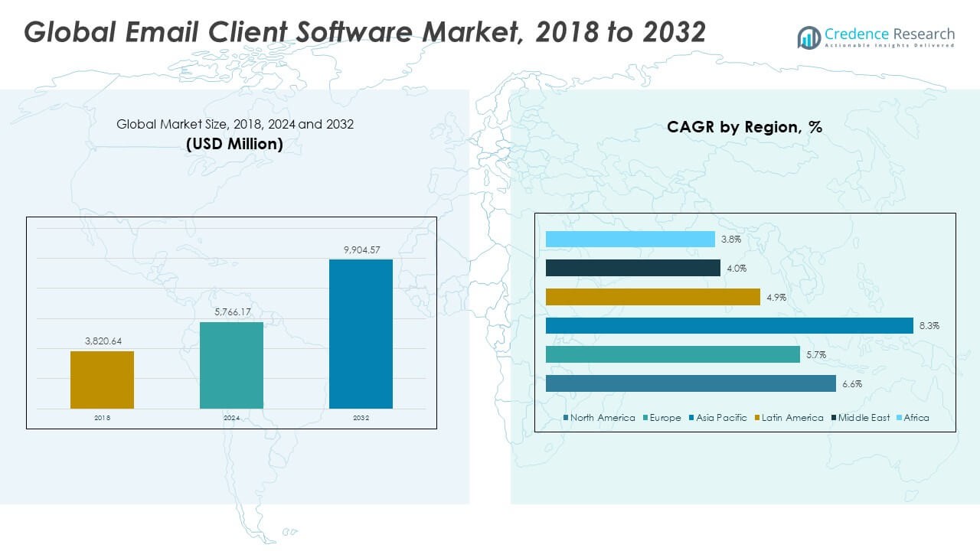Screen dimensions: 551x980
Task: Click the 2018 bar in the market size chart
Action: coord(102,380)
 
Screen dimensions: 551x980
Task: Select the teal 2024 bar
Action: coord(231,365)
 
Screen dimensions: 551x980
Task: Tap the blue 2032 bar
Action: coord(361,334)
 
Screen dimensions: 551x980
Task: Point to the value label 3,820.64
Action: coord(102,341)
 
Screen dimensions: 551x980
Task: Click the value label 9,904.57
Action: coord(361,249)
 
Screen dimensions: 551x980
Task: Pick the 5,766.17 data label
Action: coord(231,312)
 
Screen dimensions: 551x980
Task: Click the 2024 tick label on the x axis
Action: coord(231,419)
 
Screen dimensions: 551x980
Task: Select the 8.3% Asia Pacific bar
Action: coord(729,326)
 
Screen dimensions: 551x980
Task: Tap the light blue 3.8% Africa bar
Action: coord(630,239)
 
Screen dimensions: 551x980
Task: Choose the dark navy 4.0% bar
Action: coord(633,268)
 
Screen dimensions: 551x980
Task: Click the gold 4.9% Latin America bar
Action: coord(652,297)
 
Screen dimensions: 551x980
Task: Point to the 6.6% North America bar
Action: coord(691,383)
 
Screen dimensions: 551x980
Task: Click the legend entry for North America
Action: coord(602,418)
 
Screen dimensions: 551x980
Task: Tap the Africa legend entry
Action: coord(916,418)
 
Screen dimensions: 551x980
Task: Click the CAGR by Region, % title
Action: coord(744,128)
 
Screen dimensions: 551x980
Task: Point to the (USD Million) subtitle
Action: coord(234,144)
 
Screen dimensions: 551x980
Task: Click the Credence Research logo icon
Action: coord(808,37)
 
